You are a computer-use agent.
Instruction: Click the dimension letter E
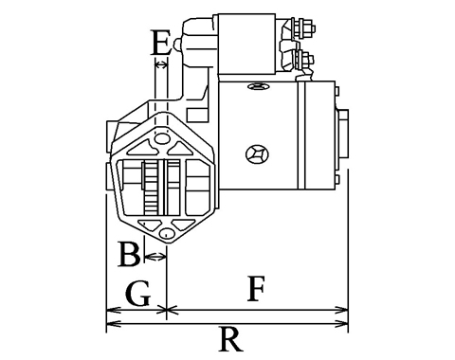pos(161,43)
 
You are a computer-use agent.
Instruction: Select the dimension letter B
pos(129,254)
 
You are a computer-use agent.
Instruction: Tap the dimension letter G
pos(137,294)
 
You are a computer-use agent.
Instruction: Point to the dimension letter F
pos(256,289)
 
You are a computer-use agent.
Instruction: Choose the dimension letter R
pos(231,339)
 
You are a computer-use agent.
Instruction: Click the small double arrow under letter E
pos(161,65)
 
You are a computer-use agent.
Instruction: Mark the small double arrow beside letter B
pos(155,257)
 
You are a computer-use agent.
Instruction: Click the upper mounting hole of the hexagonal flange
pos(161,138)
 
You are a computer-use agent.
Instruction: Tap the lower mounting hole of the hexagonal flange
pos(167,234)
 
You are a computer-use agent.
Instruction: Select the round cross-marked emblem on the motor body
pos(257,154)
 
